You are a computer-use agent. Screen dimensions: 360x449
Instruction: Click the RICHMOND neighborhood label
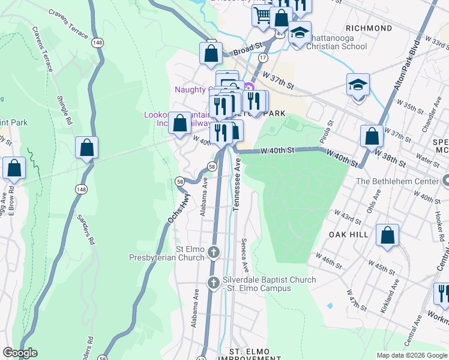click(370, 28)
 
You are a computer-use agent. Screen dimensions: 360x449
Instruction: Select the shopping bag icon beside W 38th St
click(372, 136)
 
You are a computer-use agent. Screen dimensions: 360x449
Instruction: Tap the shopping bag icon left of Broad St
click(211, 53)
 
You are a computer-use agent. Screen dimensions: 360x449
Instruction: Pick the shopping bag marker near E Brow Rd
click(14, 169)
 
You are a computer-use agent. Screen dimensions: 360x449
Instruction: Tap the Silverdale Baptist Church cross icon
click(213, 283)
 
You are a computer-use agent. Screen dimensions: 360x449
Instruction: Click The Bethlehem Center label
click(397, 181)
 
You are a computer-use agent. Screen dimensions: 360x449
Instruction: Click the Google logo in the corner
click(20, 352)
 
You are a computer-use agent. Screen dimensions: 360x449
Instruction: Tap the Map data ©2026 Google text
click(411, 355)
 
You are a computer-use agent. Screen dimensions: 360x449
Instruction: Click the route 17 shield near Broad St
click(263, 57)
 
